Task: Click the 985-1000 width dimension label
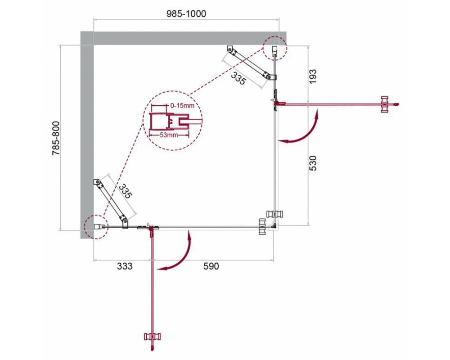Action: (187, 13)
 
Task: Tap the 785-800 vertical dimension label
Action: (56, 138)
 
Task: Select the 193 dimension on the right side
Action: (313, 76)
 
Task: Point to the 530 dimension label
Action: (313, 163)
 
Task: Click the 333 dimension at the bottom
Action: (125, 266)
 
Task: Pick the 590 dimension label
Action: (211, 266)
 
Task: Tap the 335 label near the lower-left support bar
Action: (125, 192)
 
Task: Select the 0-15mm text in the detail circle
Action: (182, 106)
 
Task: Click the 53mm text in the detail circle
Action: (169, 135)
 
